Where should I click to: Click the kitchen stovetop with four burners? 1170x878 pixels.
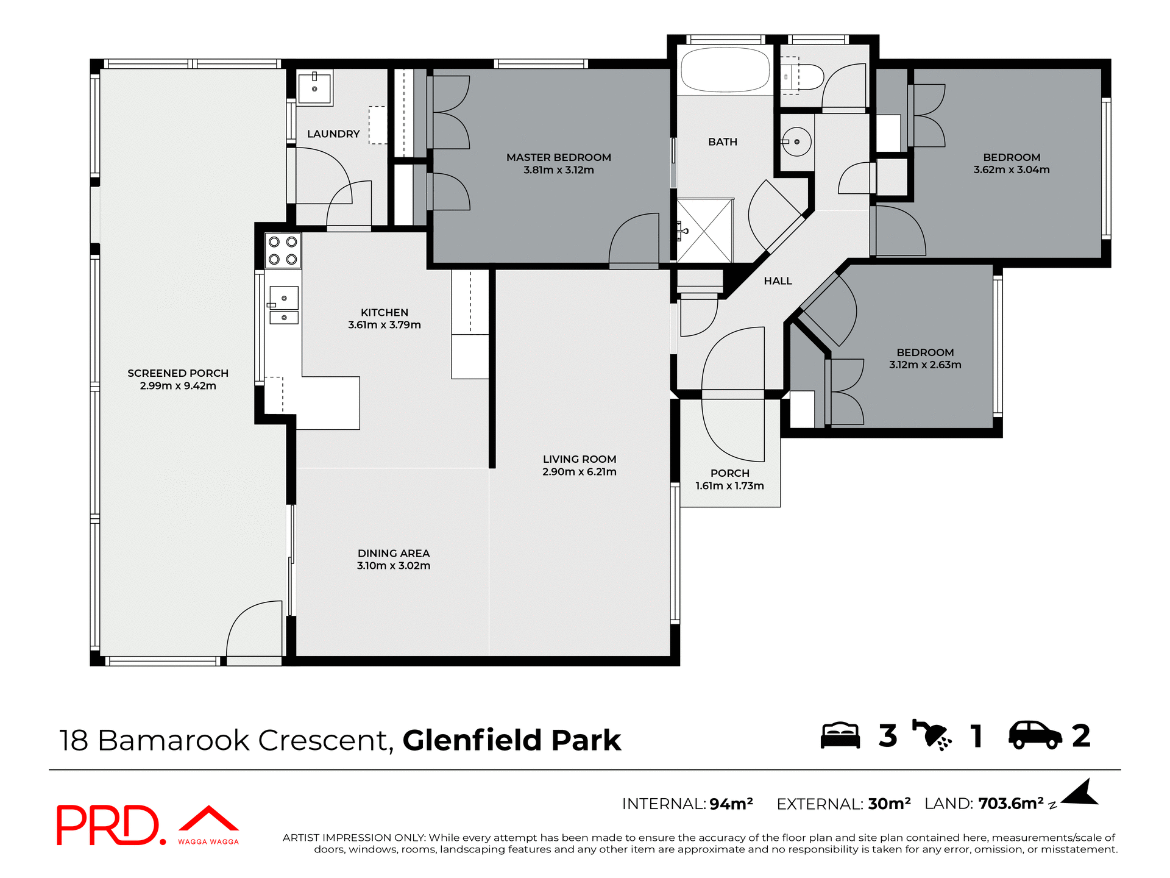(x=283, y=251)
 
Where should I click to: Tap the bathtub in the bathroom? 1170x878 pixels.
(x=725, y=70)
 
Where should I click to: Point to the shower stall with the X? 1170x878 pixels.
(x=705, y=230)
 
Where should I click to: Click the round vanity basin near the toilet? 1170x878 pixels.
(x=796, y=142)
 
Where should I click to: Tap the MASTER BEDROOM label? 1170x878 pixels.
(x=558, y=157)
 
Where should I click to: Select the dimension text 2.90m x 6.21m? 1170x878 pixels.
(x=579, y=472)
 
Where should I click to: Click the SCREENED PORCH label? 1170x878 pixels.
(x=178, y=373)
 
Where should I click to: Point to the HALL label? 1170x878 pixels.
(x=778, y=281)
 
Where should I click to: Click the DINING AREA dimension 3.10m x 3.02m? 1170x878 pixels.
(x=394, y=566)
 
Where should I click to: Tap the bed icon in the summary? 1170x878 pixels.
(x=840, y=735)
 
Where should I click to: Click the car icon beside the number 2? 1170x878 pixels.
(x=1035, y=735)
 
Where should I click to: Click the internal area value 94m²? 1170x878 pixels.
(x=731, y=804)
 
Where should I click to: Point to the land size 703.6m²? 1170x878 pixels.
(x=1010, y=804)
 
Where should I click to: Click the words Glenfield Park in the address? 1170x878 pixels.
(x=511, y=740)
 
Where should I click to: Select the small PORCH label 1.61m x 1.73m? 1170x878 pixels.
(x=729, y=480)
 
